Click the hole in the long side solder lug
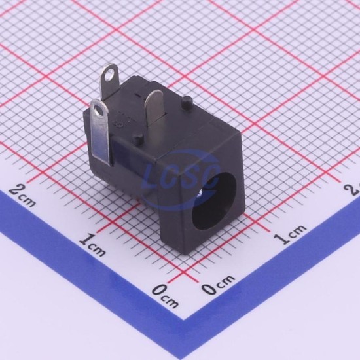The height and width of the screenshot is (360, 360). pos(99,111)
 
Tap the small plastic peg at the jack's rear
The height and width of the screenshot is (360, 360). pos(188,102)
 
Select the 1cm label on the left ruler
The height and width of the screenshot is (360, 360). pos(93,244)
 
